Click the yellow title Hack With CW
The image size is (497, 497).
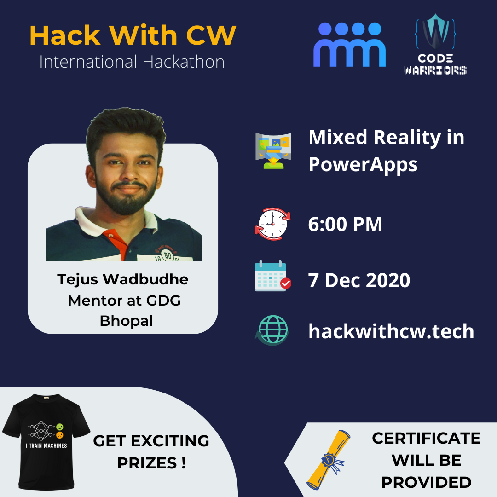click(133, 35)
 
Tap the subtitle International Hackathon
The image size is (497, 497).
click(132, 62)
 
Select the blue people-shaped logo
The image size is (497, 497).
click(349, 44)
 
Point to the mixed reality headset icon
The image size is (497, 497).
click(273, 151)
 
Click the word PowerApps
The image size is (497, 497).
click(363, 165)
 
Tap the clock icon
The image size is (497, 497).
click(272, 224)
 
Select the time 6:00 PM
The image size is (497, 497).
click(345, 224)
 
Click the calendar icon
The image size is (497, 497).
click(273, 276)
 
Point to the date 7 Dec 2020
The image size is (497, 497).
click(359, 280)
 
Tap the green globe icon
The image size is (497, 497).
click(272, 330)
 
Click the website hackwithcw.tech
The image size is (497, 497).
click(391, 331)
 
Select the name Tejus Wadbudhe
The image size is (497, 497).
click(123, 280)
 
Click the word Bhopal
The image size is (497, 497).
click(127, 321)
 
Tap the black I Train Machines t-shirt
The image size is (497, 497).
click(46, 442)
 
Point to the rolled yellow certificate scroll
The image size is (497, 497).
click(329, 460)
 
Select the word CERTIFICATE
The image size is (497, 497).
click(426, 439)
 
